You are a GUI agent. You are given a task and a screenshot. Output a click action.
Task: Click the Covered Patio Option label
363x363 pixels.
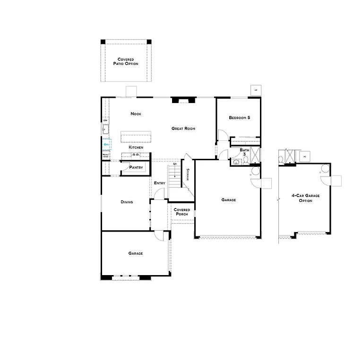[126, 61]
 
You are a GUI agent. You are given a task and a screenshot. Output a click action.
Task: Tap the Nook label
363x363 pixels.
[136, 114]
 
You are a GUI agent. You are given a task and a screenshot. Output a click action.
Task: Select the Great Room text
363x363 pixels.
[183, 129]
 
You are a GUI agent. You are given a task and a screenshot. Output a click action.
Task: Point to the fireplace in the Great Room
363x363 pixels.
[183, 100]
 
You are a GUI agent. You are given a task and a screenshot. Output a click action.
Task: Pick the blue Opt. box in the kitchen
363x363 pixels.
[107, 145]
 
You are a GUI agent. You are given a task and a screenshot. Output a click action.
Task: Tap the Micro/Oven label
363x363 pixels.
[106, 156]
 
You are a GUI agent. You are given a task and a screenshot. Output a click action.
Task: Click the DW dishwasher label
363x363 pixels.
[105, 121]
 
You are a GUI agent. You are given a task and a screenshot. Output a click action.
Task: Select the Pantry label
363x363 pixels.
[136, 167]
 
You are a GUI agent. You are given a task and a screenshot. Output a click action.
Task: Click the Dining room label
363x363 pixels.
[127, 202]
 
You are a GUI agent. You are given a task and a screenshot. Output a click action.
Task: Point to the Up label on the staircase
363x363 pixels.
[175, 164]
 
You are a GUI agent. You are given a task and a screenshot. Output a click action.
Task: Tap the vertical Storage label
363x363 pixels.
[188, 174]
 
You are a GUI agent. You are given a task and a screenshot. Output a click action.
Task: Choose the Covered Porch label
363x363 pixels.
[182, 212]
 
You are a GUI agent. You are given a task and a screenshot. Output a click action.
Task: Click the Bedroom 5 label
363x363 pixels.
[240, 118]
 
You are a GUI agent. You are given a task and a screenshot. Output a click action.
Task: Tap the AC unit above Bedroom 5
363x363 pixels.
[256, 90]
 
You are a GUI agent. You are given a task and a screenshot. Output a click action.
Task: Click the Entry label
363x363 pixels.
[159, 183]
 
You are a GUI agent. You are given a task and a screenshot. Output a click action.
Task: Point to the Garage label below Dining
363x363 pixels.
[136, 253]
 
